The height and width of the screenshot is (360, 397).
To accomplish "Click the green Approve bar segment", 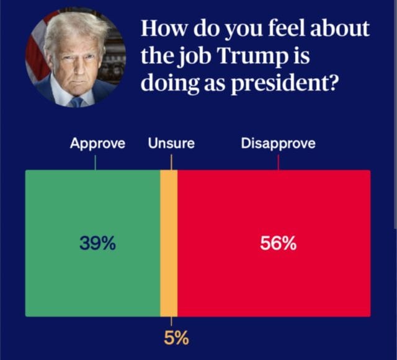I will [x=93, y=279].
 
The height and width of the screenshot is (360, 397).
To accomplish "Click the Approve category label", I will [x=97, y=144].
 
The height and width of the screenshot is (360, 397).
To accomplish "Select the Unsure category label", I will [x=171, y=144].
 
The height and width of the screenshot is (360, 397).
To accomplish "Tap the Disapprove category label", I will [x=278, y=144].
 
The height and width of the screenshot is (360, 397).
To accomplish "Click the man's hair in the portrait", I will [x=74, y=28].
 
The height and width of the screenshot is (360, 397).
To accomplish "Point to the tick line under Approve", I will [x=95, y=162].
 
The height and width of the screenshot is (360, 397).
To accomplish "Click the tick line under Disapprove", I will [x=278, y=162].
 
